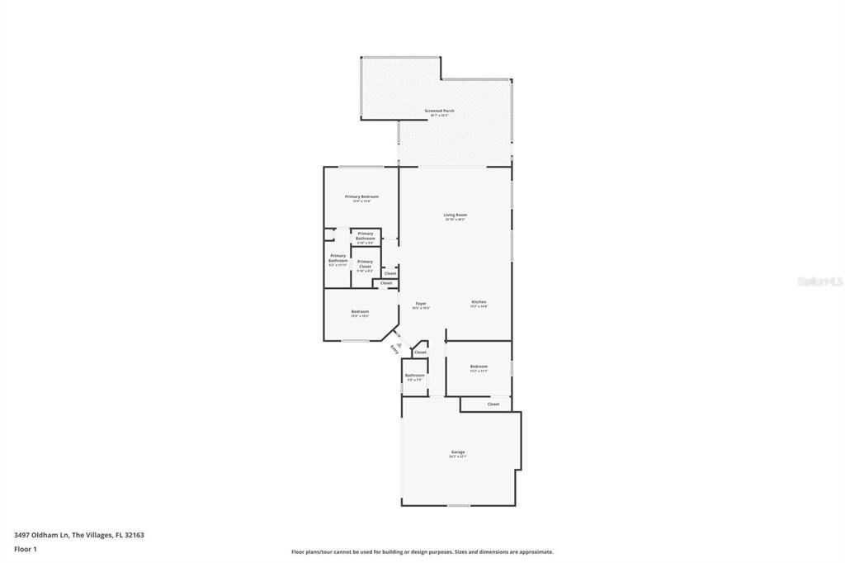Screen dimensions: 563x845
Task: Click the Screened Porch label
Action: pos(439,111)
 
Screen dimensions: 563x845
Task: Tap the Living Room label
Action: pos(456,215)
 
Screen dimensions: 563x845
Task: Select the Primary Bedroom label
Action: pos(361,196)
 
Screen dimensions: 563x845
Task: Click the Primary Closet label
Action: pos(365,264)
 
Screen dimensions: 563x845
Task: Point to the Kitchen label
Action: pos(479,302)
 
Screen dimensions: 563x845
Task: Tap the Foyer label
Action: pos(421,304)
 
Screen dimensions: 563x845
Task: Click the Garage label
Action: pos(458,452)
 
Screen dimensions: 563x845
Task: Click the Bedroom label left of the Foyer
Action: pos(360,311)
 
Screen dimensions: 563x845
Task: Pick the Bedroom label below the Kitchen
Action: pos(479,367)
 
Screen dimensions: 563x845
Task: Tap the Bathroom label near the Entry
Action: pos(414,376)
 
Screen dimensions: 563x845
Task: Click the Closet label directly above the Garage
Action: pos(493,405)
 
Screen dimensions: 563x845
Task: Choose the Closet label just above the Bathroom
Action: pos(420,352)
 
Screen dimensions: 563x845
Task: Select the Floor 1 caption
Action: pos(26,549)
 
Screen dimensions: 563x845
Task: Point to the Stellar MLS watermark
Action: pos(819,281)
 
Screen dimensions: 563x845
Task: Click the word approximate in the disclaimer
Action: pos(536,552)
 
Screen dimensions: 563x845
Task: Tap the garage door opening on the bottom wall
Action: pos(458,505)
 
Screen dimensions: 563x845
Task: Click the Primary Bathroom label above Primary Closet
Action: pos(365,235)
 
